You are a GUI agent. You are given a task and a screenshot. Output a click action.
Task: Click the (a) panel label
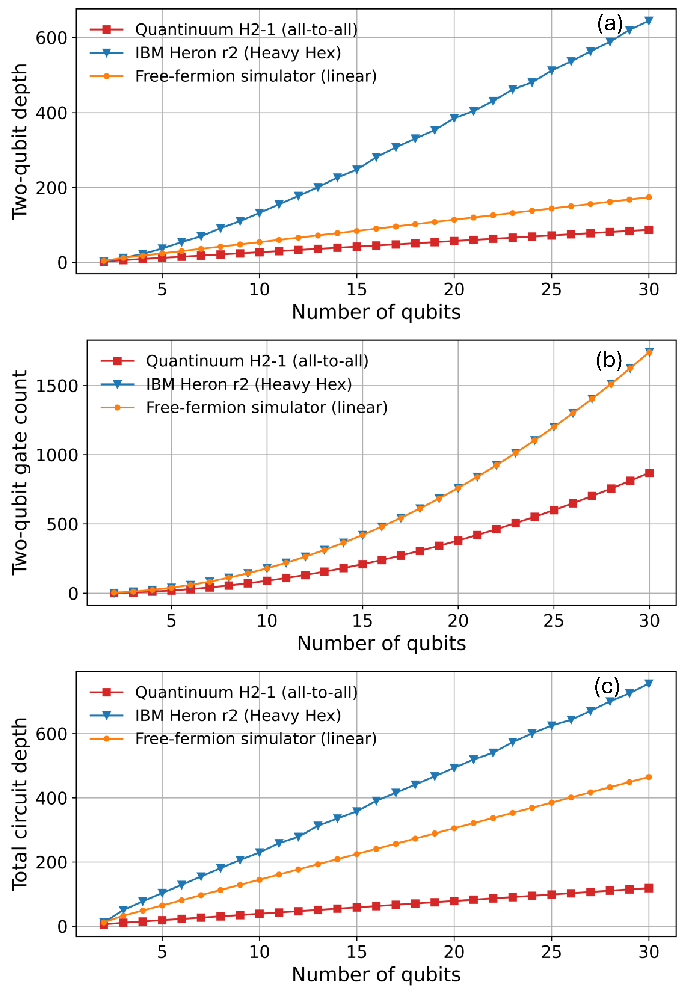point(610,24)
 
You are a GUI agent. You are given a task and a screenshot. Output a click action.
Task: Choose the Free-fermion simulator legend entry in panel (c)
point(256,739)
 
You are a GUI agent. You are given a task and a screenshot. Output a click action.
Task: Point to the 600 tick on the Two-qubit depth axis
point(51,38)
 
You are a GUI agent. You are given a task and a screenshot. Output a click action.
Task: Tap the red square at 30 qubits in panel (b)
point(649,473)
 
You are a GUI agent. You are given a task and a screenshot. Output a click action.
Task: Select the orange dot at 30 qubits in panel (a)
point(649,197)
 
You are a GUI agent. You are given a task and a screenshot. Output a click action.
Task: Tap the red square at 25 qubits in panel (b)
point(554,510)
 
